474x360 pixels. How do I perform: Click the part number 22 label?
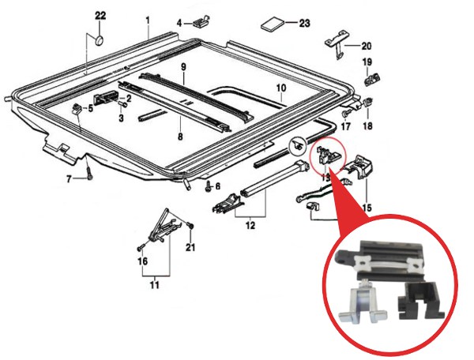coord(100,16)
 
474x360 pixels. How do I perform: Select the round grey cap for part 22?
coord(100,40)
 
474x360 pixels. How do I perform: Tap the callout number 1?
coord(148,21)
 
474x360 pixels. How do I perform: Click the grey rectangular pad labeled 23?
coord(273,24)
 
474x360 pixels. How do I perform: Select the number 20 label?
coord(367,47)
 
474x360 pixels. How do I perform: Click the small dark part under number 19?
coord(372,79)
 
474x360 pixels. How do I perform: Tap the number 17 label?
coord(345,126)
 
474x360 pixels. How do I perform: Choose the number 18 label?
coord(367,126)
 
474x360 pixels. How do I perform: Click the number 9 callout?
coord(184,67)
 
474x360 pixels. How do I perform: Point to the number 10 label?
coord(280,88)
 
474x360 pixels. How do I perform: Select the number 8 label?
coord(180,137)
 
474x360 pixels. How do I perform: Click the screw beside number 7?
coord(89,174)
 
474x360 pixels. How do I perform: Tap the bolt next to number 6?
coord(209,186)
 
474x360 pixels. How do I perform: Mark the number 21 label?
coord(190,247)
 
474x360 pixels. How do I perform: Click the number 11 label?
coord(155,285)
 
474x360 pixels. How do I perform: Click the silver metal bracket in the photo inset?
coord(363,305)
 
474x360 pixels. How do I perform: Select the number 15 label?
coord(367,208)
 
